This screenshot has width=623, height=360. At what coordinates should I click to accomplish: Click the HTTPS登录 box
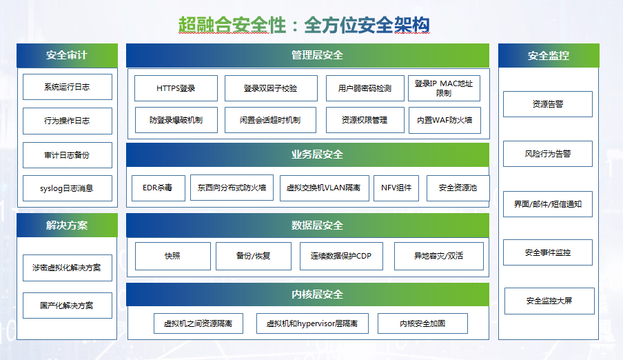[176, 88]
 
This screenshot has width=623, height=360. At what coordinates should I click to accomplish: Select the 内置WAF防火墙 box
[445, 120]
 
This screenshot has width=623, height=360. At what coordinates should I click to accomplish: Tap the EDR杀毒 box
[158, 188]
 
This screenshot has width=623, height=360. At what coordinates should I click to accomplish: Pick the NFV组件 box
[396, 188]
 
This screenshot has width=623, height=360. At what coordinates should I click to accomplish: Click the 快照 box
[173, 256]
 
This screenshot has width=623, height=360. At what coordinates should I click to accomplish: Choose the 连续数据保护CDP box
[341, 256]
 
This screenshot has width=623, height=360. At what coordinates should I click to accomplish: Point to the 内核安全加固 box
[422, 323]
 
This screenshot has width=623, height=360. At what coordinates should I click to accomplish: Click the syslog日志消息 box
[68, 188]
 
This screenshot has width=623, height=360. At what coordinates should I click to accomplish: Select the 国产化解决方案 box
[68, 306]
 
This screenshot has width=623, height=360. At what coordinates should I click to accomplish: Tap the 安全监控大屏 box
[549, 301]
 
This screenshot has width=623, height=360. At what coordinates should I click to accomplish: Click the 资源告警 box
[548, 104]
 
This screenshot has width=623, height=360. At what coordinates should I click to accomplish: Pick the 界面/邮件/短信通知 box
[548, 204]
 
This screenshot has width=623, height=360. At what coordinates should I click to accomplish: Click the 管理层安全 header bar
[307, 55]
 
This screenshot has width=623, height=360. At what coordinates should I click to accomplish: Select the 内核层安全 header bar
[307, 294]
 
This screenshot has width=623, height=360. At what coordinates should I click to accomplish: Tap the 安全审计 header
[67, 55]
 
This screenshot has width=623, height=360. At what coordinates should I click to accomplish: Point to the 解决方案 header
[67, 225]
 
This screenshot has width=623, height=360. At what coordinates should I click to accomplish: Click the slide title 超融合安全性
[232, 26]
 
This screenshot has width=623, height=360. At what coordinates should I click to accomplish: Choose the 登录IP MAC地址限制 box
[445, 88]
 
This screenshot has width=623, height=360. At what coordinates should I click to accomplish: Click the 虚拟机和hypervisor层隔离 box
[312, 323]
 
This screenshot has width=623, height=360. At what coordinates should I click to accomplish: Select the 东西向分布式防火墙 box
[232, 188]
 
